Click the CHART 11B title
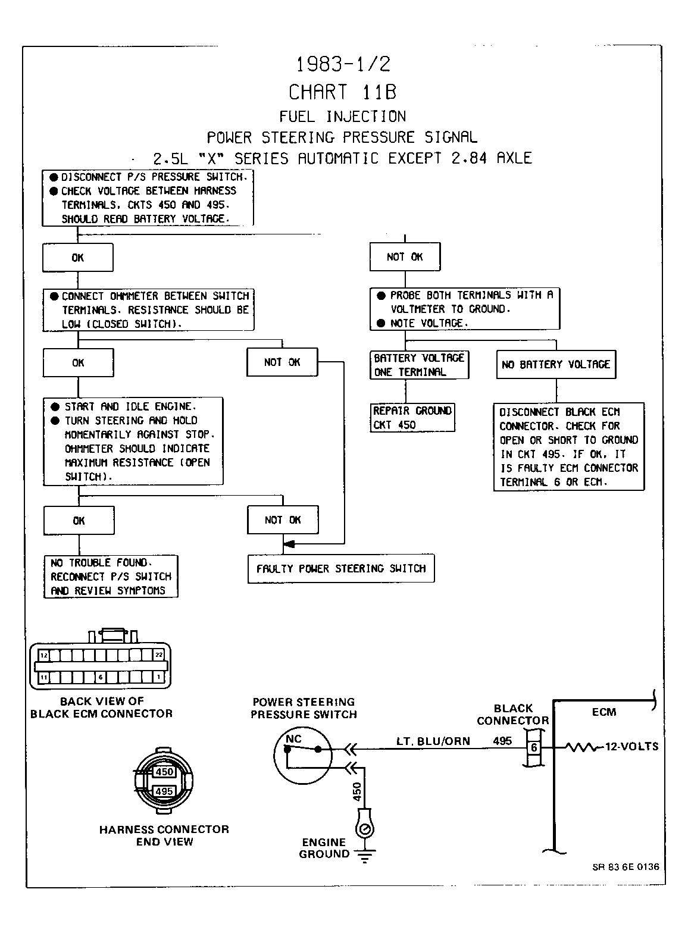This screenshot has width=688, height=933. tap(343, 92)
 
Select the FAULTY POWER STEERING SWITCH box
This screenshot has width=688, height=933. tap(341, 569)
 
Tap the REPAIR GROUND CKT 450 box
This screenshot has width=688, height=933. tap(412, 418)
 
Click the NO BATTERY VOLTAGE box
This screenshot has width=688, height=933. tap(556, 364)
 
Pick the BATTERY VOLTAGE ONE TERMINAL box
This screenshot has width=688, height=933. tap(419, 365)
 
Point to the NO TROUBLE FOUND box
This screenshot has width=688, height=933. tap(111, 577)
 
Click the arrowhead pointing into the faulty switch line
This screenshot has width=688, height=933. tap(289, 544)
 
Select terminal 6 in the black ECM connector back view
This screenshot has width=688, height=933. tap(101, 678)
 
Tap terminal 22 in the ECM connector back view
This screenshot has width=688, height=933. tap(159, 655)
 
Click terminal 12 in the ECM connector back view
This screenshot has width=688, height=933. tap(44, 655)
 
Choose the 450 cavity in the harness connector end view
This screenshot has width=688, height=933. tap(164, 772)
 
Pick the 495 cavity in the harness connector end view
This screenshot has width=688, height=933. tap(164, 791)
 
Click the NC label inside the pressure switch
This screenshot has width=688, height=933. tap(293, 739)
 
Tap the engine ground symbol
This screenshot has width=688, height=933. tap(365, 856)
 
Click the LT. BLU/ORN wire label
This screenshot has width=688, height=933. tap(433, 741)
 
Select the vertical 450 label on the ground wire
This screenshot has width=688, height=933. tap(357, 791)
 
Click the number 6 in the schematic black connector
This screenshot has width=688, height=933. tap(534, 748)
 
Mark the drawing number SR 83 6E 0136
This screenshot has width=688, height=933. tap(626, 867)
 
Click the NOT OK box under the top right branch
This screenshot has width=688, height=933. tap(405, 256)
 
